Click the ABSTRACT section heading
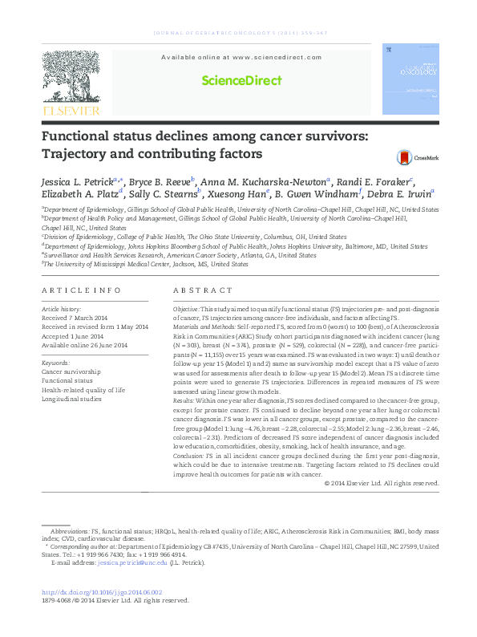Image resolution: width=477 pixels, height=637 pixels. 198,290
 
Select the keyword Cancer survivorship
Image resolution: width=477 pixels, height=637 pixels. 71,372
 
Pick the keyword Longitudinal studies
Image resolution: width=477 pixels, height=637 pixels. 71,399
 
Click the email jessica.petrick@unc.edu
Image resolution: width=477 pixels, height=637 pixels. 132,563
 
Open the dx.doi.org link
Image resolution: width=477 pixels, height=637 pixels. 102,592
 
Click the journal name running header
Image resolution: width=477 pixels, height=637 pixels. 238,33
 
